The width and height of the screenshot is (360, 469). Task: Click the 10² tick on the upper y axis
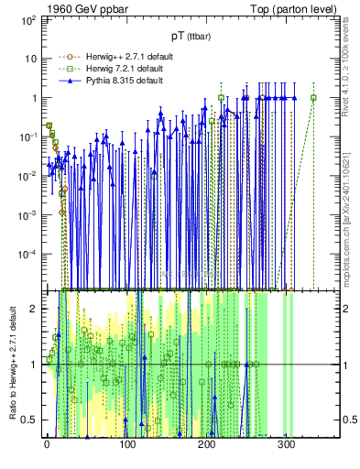[27, 19]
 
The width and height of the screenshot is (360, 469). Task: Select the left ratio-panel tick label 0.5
[29, 420]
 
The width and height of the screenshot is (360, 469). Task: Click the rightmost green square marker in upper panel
[313, 98]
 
